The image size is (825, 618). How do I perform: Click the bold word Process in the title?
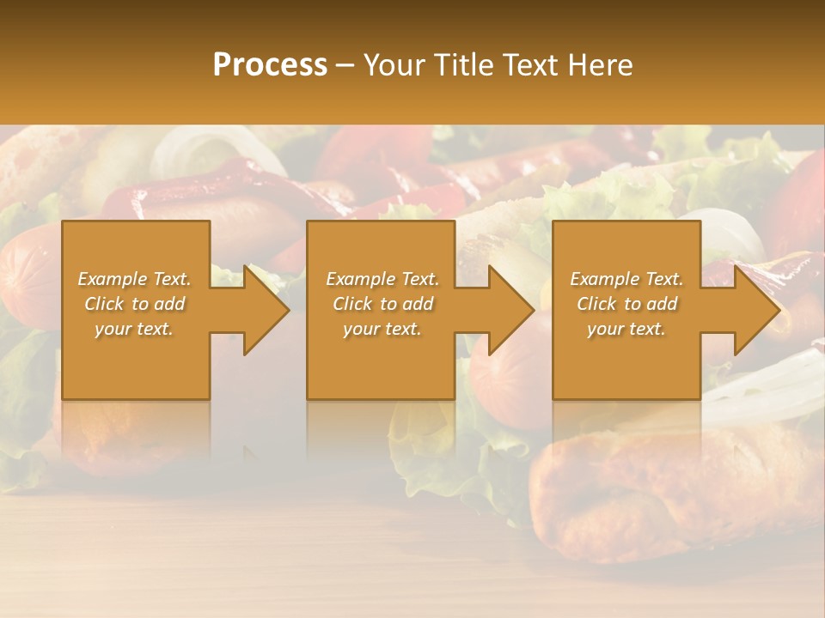(x=270, y=65)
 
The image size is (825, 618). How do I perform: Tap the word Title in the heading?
(x=466, y=65)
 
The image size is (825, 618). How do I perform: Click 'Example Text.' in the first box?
(x=134, y=279)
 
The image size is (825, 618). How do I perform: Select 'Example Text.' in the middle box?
(x=382, y=279)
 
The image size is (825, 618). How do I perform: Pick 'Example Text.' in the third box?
(x=626, y=279)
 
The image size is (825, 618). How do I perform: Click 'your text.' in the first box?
(x=134, y=329)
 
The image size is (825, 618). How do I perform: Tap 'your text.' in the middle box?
(x=382, y=329)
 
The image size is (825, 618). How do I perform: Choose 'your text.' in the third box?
(x=626, y=329)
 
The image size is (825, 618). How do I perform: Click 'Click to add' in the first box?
(x=134, y=304)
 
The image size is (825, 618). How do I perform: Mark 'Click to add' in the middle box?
(x=382, y=304)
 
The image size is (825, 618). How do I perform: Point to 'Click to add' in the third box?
(x=626, y=304)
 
